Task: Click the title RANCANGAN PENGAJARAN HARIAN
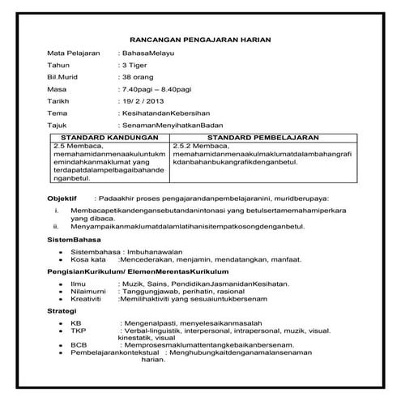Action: [200, 39]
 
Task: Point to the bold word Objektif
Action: [62, 198]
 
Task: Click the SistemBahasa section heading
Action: [75, 242]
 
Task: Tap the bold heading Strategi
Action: [63, 310]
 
